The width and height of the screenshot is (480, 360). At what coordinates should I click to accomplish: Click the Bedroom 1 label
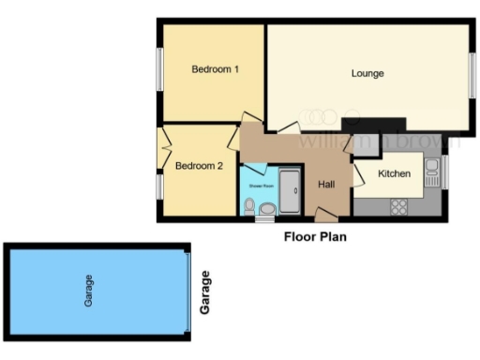(216, 69)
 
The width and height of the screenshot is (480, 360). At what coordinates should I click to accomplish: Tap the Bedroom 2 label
(199, 167)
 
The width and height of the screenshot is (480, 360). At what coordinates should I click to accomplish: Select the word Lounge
(368, 73)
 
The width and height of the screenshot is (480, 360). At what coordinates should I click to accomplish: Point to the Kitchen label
(394, 174)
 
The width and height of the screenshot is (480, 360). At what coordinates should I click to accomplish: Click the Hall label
(326, 185)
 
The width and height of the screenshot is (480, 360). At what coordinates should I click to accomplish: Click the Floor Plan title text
(315, 237)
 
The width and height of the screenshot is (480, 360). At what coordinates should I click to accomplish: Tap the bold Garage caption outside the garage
(206, 292)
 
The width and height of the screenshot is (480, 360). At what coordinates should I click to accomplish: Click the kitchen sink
(432, 170)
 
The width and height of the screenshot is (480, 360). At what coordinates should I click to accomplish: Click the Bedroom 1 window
(158, 69)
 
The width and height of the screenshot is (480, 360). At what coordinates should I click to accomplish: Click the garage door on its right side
(190, 292)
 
